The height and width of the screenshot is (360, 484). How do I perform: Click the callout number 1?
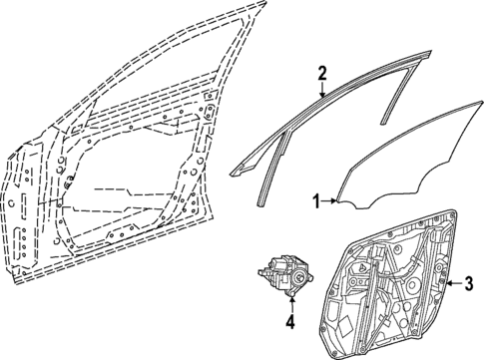click(x=317, y=201)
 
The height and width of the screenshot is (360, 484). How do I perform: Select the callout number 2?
click(x=322, y=72)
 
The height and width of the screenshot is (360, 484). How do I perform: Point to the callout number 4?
click(x=289, y=321)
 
